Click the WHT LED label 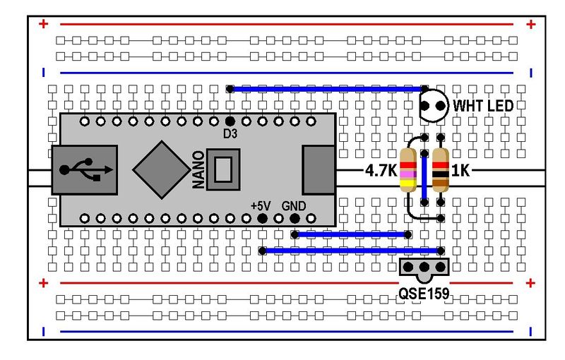(x=483, y=107)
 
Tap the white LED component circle (x=434, y=107)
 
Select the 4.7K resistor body (x=408, y=171)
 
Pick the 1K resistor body (x=441, y=171)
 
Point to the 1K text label (x=461, y=171)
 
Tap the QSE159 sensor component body (x=424, y=268)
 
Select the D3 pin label (x=230, y=134)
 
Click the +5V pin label (x=261, y=205)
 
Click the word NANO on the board (x=199, y=170)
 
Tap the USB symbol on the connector (x=86, y=170)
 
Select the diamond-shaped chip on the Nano (x=162, y=170)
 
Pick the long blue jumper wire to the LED (x=325, y=89)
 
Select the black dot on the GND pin (x=295, y=217)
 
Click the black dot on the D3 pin (x=230, y=122)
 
